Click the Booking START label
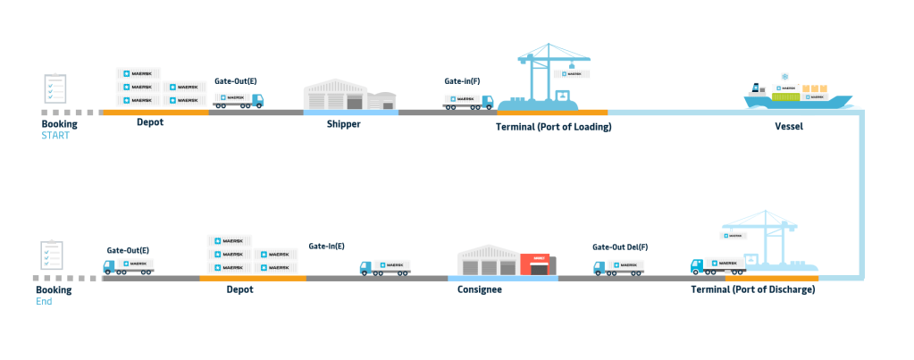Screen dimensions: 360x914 tap(59, 130)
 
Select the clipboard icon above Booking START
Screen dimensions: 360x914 tap(55, 90)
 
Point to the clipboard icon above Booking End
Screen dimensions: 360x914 tap(53, 255)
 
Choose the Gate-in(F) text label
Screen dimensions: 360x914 tap(462, 81)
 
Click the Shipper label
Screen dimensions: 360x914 tap(344, 124)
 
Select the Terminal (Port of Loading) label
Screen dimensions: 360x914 tap(554, 127)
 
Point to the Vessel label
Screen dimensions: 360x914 tap(789, 127)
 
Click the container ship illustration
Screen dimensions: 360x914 tap(791, 92)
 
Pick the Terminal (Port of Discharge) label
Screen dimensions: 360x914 tap(753, 289)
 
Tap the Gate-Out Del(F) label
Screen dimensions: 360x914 tap(620, 247)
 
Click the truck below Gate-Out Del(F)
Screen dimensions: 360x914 tap(618, 267)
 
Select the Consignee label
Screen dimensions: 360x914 tap(479, 289)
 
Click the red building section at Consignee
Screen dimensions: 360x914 tap(538, 264)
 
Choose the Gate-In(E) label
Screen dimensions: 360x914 tap(327, 246)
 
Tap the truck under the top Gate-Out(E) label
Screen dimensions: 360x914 tap(239, 100)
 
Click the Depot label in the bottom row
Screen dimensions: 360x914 tap(239, 289)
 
